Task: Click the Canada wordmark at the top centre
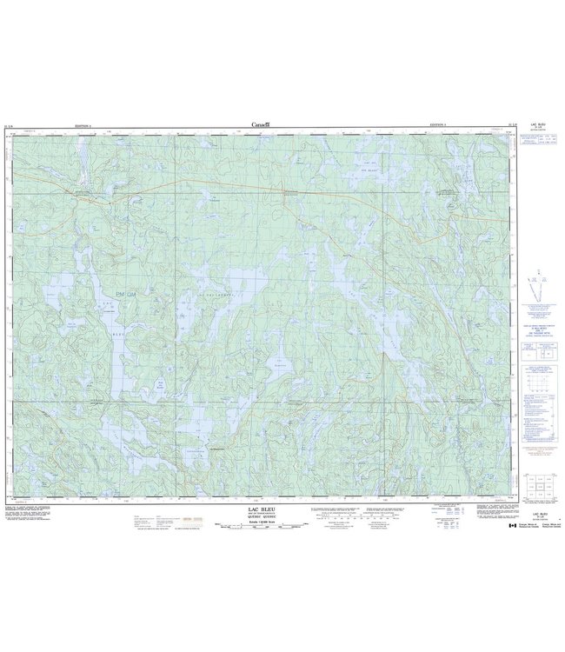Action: [x=260, y=125]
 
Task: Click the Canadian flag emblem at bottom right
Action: [x=513, y=524]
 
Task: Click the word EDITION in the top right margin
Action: [x=438, y=126]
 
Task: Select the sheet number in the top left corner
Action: [x=17, y=126]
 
